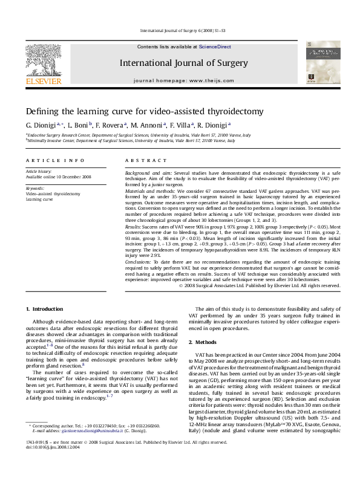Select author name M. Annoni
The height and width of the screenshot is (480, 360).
[147, 125]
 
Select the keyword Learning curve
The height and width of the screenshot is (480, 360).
[40, 198]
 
